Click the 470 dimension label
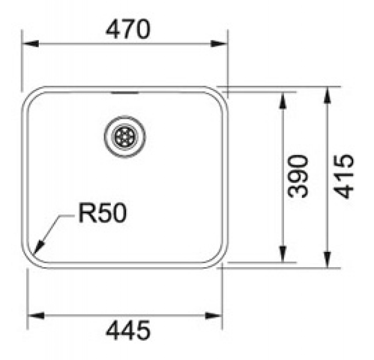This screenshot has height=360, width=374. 128,29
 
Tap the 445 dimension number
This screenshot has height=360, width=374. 128,330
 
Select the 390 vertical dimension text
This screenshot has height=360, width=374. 298,176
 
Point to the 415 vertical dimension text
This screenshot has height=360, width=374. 343,176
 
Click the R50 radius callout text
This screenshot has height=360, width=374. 102,213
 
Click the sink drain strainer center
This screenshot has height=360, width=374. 125,137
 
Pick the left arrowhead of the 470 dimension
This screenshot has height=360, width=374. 30,44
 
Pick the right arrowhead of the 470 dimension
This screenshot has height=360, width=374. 219,44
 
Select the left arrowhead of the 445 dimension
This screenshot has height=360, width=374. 36,316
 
